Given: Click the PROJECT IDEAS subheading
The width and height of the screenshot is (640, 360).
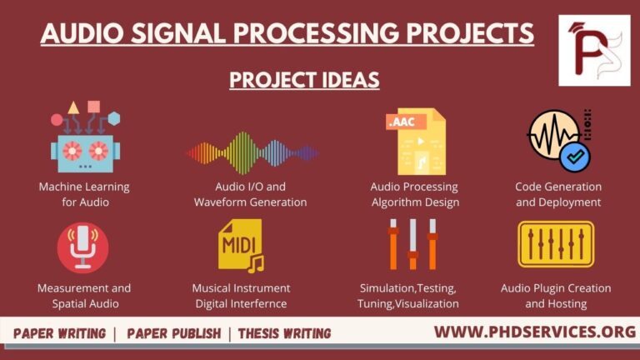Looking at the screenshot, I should click(x=304, y=80).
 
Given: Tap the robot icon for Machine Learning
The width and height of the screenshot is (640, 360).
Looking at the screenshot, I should click(x=83, y=137).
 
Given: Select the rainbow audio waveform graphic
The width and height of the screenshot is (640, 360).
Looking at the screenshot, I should click(x=251, y=152).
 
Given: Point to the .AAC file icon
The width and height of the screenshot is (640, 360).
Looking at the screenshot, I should click(x=415, y=141).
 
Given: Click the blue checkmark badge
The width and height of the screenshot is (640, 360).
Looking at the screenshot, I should click(x=574, y=156).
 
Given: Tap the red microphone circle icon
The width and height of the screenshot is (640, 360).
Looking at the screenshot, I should click(x=83, y=247).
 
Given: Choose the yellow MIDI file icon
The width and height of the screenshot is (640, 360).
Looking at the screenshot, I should click(x=240, y=245).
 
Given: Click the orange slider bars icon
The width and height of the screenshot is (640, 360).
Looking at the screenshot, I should click(x=412, y=243).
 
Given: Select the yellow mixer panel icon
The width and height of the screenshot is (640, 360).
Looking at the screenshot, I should click(x=555, y=244).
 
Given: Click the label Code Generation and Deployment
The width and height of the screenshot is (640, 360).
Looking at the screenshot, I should click(x=557, y=194).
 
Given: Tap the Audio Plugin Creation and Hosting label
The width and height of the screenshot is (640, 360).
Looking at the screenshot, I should click(x=555, y=296).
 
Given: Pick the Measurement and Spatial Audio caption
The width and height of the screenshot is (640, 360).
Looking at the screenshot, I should click(x=83, y=296).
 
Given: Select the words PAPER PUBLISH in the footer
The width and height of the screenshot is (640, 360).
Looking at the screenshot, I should click(x=173, y=333).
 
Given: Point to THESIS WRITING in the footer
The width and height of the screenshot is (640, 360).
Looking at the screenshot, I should click(x=284, y=333).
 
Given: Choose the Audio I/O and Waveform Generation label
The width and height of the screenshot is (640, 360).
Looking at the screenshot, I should click(x=250, y=194).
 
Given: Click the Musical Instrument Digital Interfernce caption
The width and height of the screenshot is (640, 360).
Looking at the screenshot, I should click(x=240, y=296).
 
